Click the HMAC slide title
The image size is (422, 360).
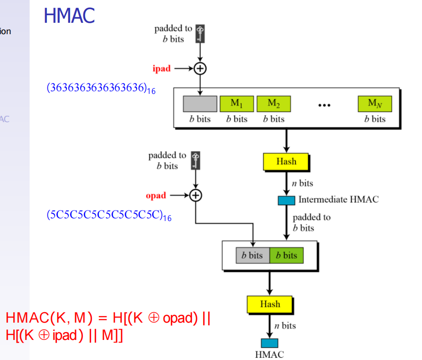[x=69, y=15]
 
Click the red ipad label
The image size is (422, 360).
[x=161, y=69]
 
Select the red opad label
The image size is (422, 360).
[x=156, y=195]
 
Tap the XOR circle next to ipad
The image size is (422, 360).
[x=200, y=68]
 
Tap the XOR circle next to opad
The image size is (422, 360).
[x=196, y=195]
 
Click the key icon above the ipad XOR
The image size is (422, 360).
[x=200, y=34]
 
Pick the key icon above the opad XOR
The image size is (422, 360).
[x=196, y=161]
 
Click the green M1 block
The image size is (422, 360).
[x=237, y=104]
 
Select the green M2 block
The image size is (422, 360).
[x=273, y=104]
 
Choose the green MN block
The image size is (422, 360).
[x=375, y=104]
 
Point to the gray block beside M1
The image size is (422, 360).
[x=200, y=104]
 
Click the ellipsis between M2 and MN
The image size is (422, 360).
[x=324, y=105]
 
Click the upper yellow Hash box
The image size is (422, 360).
[x=286, y=162]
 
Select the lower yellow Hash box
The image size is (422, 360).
[x=270, y=304]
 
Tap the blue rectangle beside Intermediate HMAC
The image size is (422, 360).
[x=286, y=200]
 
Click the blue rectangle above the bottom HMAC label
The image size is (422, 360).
[x=269, y=343]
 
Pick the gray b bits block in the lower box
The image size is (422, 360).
[x=252, y=255]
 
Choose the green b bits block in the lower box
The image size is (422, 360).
[x=286, y=255]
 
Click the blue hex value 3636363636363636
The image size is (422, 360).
[x=101, y=88]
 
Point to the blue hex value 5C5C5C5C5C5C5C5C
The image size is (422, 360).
[x=108, y=216]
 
